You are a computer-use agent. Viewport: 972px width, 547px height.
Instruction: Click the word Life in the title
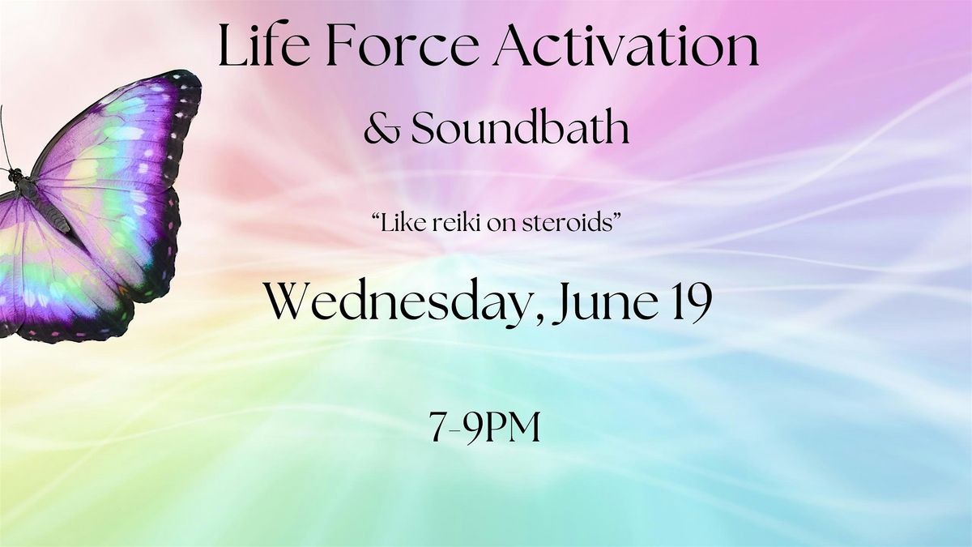264,45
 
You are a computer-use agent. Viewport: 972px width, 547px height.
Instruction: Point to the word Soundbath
520,126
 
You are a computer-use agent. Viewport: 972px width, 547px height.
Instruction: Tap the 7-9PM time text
485,427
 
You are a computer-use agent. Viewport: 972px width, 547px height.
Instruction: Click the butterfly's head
15,175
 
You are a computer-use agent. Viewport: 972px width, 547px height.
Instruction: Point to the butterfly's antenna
4,136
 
